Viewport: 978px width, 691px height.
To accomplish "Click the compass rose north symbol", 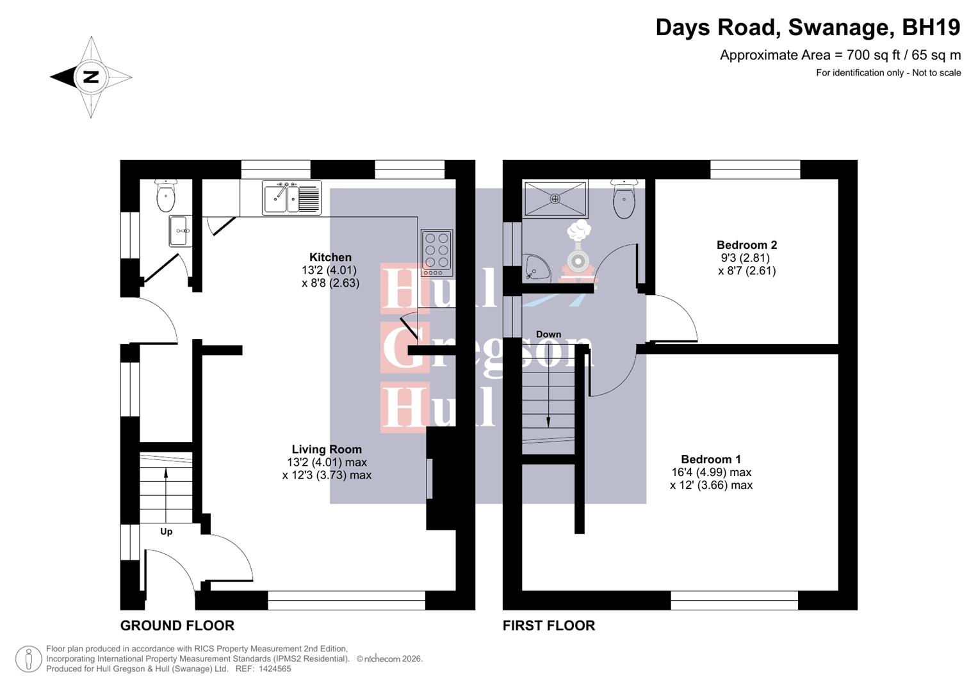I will (x=91, y=77).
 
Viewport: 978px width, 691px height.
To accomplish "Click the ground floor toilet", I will (x=165, y=196).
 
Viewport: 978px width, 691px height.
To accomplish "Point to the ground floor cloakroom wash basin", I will (x=179, y=230).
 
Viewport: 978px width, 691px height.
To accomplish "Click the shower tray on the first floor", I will (x=555, y=198).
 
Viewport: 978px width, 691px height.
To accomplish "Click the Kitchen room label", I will (x=330, y=257).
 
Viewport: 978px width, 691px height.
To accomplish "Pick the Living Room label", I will (x=327, y=449).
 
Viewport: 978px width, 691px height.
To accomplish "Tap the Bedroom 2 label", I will (x=747, y=244).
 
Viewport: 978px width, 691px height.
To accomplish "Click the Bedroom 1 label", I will (x=711, y=459).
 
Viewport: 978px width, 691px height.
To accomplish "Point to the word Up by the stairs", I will (x=166, y=532).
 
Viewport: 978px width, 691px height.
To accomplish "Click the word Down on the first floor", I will (x=548, y=334).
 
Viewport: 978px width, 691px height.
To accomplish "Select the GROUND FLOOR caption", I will (x=177, y=626).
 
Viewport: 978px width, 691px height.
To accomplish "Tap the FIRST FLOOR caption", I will (x=549, y=626).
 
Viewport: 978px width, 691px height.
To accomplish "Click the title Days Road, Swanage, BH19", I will (x=808, y=28).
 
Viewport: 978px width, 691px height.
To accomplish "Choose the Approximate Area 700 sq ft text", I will (x=840, y=55).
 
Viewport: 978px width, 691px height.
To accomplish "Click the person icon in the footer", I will (x=28, y=659).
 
